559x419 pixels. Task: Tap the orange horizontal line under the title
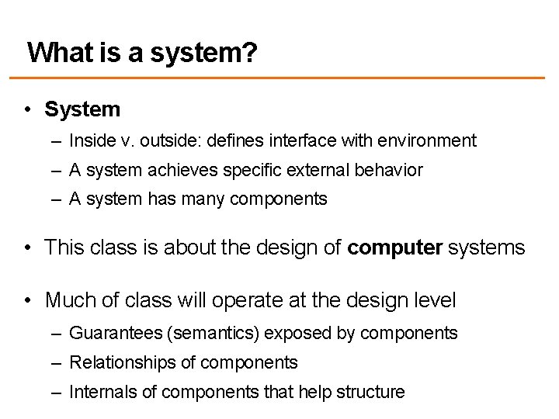pos(279,78)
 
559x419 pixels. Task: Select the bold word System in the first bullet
pos(82,109)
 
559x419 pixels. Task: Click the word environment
pos(430,141)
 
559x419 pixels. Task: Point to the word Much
pos(67,299)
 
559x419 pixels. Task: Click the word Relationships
pos(120,362)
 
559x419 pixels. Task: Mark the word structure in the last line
pos(370,392)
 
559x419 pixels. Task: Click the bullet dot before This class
pos(27,248)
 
